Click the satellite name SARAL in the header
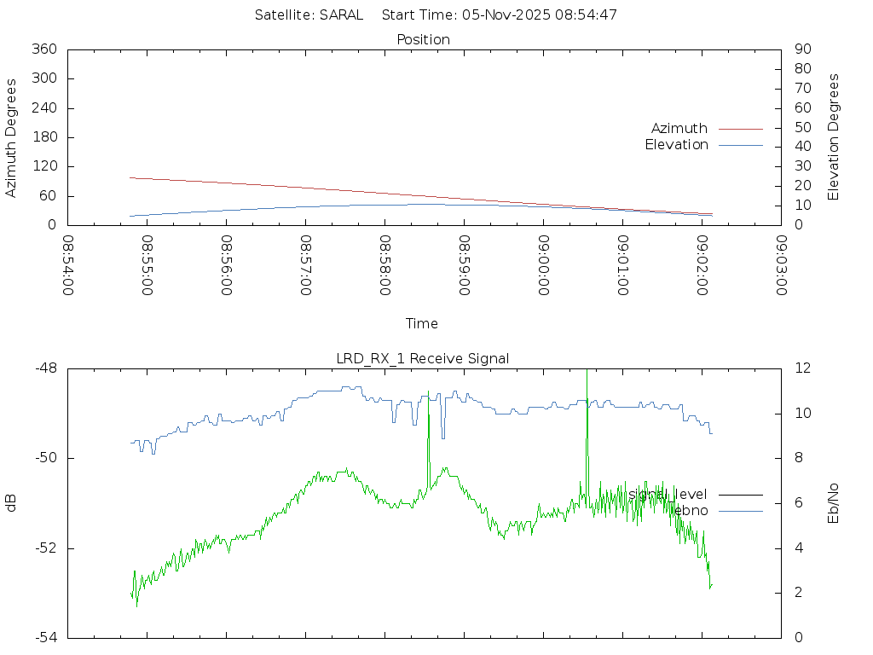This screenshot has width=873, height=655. pos(341,14)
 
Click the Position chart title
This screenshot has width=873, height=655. pos(423,39)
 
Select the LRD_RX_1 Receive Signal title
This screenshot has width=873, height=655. pos(423,358)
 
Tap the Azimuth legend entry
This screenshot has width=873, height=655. pos(679,128)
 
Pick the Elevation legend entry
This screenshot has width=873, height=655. pos(676,145)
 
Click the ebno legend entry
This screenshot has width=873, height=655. pos(691,510)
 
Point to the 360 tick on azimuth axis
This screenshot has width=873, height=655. pos(44,49)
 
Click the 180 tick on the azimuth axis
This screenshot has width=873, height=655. pos(44,137)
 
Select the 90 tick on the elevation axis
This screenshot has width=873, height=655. pos(801,49)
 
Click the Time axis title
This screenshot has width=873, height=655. pos(422,323)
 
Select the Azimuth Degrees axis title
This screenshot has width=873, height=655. pos(12,137)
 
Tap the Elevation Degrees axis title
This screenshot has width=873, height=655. pos(834,137)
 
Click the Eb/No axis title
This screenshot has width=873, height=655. pos(834,503)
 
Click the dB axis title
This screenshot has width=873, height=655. pos(12,503)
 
